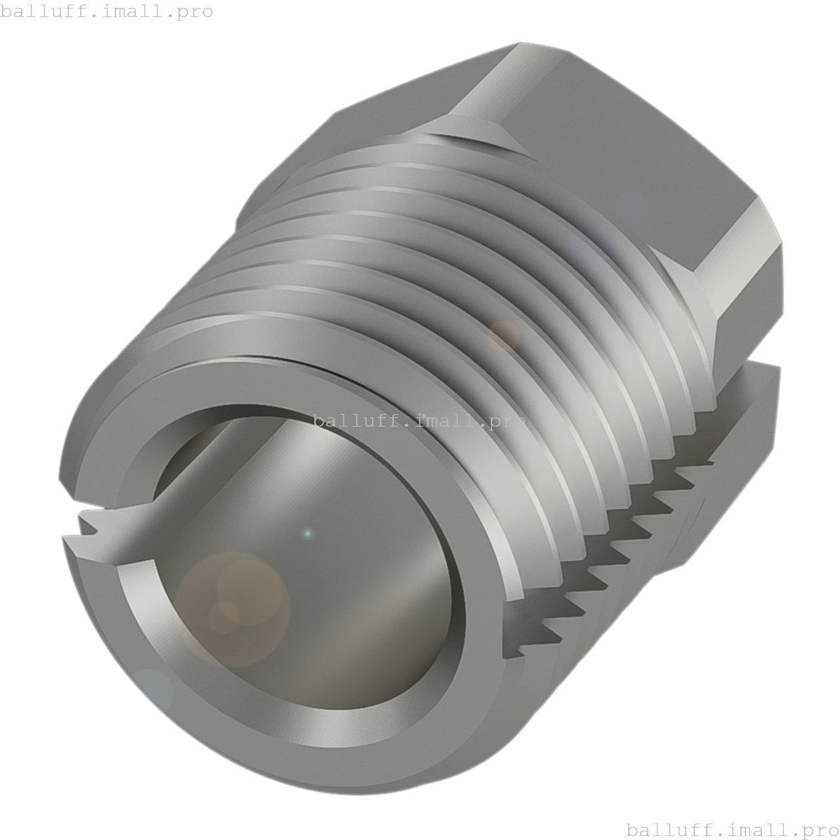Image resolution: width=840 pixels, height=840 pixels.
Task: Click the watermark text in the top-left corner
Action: click(x=106, y=11)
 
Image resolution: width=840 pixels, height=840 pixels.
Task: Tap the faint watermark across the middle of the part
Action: click(x=419, y=421)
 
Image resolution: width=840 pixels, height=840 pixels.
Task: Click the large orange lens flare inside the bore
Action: click(x=233, y=610)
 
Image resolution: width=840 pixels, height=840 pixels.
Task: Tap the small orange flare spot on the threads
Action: click(x=503, y=336)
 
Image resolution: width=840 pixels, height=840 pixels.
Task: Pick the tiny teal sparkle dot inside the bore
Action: click(x=308, y=533)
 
